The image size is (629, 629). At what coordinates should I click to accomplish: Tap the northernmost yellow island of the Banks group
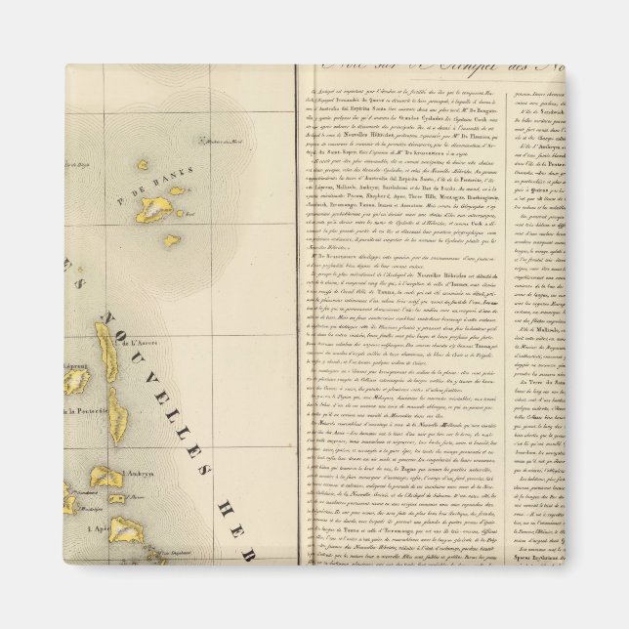(142, 165)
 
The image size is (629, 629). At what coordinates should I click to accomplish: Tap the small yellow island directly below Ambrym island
(116, 499)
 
